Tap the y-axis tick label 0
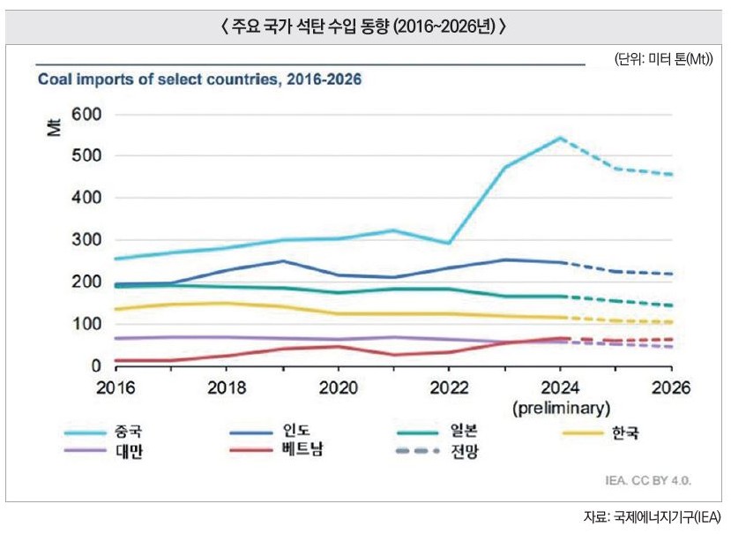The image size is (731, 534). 96,365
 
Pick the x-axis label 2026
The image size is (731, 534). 671,388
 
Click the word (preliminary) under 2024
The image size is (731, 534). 561,408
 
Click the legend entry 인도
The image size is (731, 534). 295,432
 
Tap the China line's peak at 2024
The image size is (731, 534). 561,138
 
